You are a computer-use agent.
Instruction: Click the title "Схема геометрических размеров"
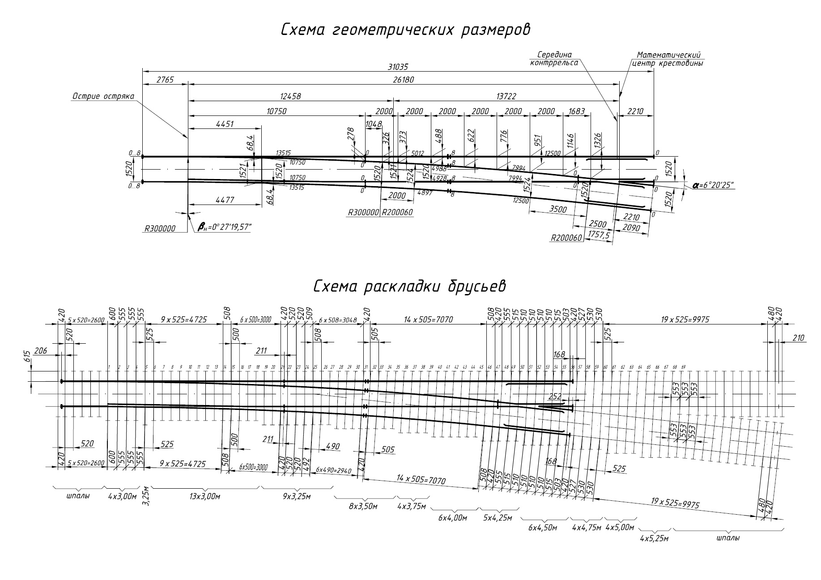pyautogui.click(x=405, y=30)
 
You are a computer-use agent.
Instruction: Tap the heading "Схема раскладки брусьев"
pyautogui.click(x=409, y=286)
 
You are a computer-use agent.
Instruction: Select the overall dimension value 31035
pyautogui.click(x=398, y=67)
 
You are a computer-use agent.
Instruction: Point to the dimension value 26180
pyautogui.click(x=403, y=80)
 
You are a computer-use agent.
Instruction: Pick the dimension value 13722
pyautogui.click(x=506, y=96)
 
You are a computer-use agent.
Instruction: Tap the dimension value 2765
pyautogui.click(x=165, y=80)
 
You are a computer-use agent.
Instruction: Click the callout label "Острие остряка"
pyautogui.click(x=103, y=97)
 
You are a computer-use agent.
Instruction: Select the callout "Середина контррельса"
pyautogui.click(x=554, y=59)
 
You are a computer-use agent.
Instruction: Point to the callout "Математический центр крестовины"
pyautogui.click(x=668, y=59)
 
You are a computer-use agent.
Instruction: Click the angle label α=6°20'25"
pyautogui.click(x=714, y=185)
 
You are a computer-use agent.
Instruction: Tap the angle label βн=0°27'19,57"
pyautogui.click(x=225, y=228)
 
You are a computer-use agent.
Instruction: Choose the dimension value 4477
pyautogui.click(x=225, y=200)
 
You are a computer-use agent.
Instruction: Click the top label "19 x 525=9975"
pyautogui.click(x=685, y=320)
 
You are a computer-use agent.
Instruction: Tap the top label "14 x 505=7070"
pyautogui.click(x=428, y=320)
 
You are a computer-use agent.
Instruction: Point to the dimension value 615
pyautogui.click(x=27, y=357)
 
